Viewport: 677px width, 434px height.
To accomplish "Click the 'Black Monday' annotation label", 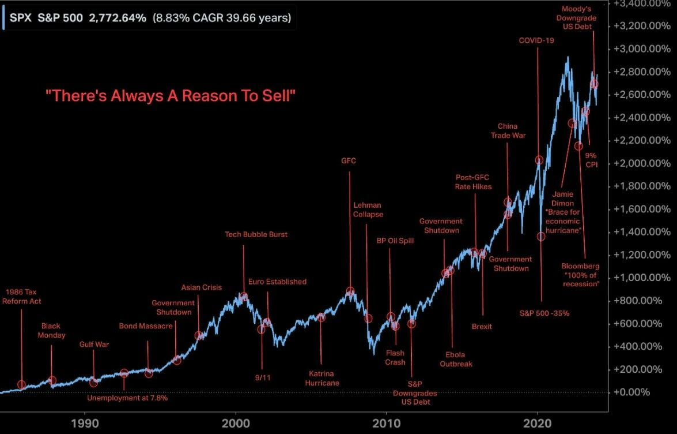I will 52,331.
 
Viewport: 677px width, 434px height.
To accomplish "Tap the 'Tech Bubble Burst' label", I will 256,235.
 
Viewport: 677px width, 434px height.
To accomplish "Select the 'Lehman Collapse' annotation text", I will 368,209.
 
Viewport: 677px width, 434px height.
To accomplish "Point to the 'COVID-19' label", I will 536,40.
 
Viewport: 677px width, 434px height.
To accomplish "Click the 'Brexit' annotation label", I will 482,327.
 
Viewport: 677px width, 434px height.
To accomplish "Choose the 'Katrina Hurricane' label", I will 322,378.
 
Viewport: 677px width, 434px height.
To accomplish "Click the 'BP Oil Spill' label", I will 395,241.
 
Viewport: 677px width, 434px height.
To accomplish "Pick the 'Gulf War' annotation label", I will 94,345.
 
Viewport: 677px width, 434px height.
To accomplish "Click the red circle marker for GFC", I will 350,291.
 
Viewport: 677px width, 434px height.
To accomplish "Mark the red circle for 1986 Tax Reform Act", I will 22,384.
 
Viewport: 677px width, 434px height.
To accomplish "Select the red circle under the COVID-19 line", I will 539,160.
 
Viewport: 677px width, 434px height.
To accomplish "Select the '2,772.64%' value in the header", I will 118,18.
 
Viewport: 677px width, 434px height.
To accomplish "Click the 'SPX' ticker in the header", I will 20,18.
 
